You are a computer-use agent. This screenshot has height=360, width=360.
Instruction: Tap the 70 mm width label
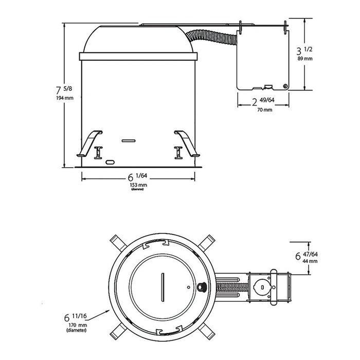pos(264,110)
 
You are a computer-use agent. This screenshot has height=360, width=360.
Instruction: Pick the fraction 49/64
pos(267,100)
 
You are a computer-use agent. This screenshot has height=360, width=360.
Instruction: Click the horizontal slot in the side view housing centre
pos(127,139)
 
